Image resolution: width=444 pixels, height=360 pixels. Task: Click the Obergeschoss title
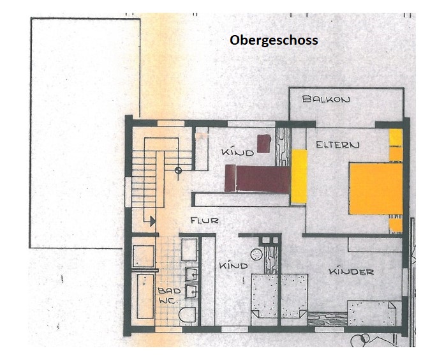(274, 40)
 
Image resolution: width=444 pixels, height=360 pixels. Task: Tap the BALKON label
(326, 99)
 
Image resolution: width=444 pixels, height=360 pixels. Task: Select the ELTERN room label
(337, 145)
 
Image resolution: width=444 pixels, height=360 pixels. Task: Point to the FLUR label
(204, 220)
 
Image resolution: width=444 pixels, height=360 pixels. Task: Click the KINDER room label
(351, 272)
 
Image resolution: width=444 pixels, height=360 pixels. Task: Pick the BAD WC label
(169, 296)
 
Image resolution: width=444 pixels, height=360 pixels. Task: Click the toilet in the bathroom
(187, 315)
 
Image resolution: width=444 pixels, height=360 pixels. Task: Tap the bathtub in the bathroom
(145, 296)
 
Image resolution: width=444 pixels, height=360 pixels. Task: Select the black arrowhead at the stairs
(152, 221)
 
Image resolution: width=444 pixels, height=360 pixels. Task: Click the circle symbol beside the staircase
(178, 170)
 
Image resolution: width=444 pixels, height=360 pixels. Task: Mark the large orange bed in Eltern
(376, 189)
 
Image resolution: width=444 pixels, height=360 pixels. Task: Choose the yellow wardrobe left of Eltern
(299, 176)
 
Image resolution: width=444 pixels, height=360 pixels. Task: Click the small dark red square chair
(264, 144)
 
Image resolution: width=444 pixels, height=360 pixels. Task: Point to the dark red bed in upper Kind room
(257, 179)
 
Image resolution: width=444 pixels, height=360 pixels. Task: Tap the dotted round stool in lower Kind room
(256, 254)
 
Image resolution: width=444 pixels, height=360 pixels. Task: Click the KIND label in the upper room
(237, 153)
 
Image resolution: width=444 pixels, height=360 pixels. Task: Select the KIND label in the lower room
(233, 266)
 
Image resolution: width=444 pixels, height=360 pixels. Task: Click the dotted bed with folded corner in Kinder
(372, 313)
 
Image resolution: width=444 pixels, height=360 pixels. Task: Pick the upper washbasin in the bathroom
(191, 274)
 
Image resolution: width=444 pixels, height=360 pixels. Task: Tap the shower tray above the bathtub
(144, 256)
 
